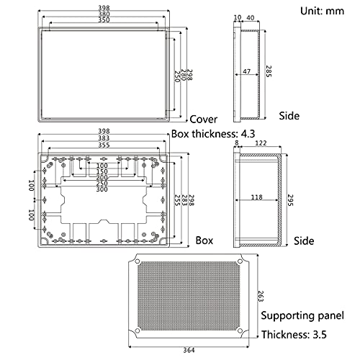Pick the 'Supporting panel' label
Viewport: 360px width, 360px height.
click(306, 315)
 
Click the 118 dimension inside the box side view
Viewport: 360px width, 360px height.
click(256, 196)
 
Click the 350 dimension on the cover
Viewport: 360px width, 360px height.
click(104, 21)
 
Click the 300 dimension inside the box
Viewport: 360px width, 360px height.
click(104, 189)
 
